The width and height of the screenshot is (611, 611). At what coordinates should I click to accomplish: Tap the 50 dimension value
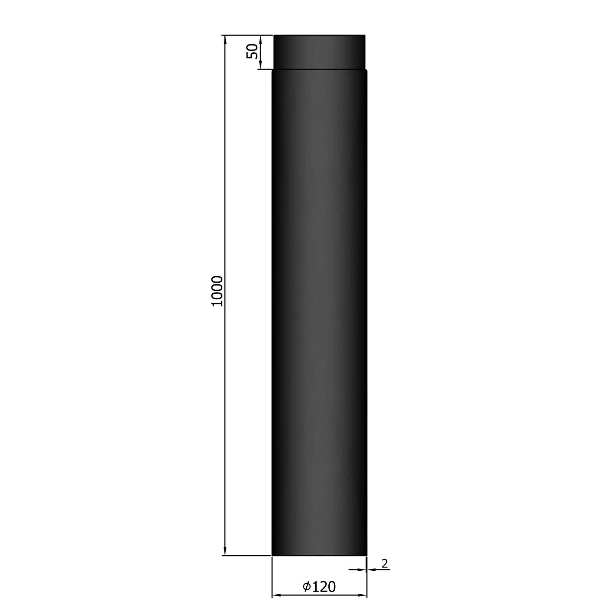253,51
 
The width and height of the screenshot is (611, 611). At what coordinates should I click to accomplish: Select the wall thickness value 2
385,563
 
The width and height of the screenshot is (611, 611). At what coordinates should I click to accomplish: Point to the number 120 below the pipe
325,587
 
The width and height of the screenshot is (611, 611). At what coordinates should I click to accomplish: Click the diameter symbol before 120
307,587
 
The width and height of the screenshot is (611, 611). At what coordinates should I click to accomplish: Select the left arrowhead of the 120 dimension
276,596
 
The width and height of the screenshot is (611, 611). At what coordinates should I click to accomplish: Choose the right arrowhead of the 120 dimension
363,596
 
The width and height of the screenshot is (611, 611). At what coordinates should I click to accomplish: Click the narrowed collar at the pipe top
319,52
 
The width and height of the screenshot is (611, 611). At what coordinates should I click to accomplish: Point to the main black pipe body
319,310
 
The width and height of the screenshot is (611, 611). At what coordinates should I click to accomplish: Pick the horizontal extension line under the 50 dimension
265,70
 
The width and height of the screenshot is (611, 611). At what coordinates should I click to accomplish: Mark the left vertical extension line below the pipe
272,578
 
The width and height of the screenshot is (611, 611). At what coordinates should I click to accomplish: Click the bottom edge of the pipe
319,555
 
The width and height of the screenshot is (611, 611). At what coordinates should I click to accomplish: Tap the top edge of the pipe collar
319,35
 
